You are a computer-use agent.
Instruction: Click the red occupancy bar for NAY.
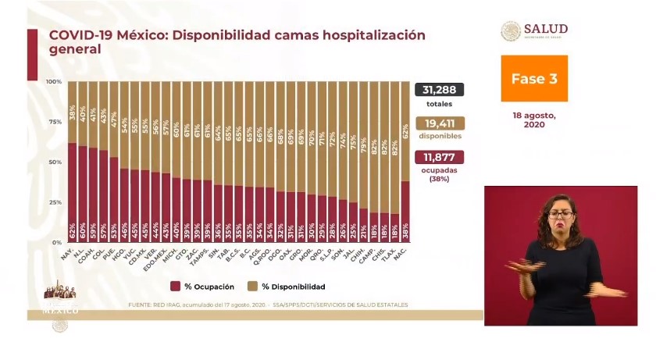tap(72, 192)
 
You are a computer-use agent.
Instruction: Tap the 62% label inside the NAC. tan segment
tap(405, 122)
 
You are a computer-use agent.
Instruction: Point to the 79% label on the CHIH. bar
tap(363, 145)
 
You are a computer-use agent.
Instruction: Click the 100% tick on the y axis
tap(54, 82)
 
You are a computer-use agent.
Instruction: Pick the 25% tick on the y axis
tap(54, 202)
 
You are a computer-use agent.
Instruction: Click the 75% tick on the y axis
tap(54, 122)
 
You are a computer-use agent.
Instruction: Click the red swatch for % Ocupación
tap(176, 287)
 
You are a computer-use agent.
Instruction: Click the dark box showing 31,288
tap(444, 89)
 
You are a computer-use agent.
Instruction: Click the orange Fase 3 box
tap(534, 79)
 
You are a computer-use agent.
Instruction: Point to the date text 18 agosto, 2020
tap(534, 119)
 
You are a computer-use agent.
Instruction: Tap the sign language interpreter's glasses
tap(560, 213)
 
